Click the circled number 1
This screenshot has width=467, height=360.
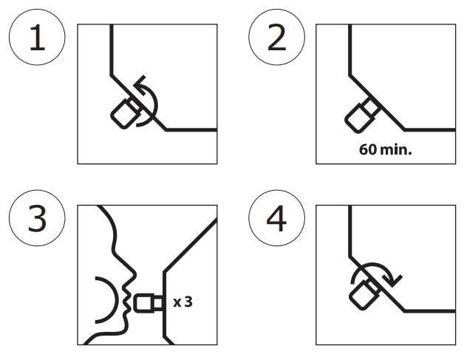coord(37,37)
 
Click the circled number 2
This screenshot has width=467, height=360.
coord(276,37)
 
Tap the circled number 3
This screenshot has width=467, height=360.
coord(37,218)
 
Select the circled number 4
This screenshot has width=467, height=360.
coord(276,218)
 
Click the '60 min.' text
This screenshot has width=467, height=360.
coord(386,149)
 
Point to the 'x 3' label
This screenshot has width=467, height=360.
coord(183,302)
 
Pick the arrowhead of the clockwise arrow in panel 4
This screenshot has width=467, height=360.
coord(393,280)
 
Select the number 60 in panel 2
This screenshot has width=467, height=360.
coord(368,149)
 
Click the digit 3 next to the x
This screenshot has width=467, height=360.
coord(188,302)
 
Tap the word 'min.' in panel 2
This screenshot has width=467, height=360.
coord(396,149)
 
